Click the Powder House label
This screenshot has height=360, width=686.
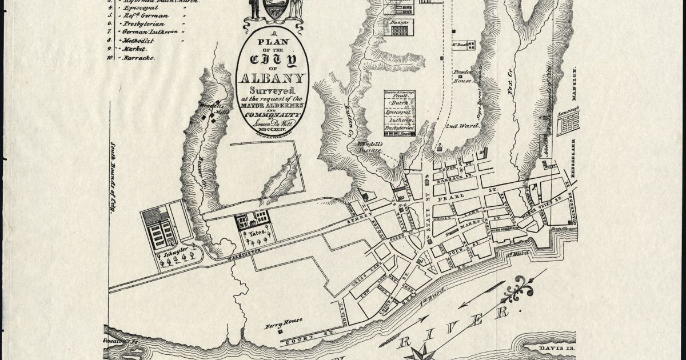tap(462, 77)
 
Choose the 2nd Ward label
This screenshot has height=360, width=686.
tap(458, 125)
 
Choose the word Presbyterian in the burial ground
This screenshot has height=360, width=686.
tap(399, 129)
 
